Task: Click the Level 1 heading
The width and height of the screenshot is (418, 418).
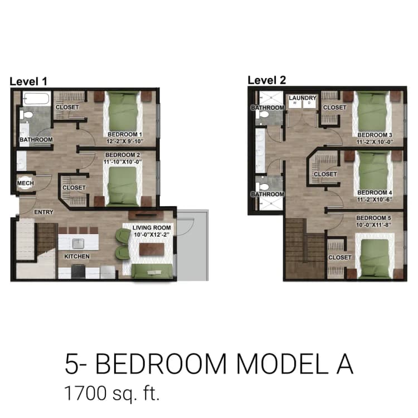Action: (28, 81)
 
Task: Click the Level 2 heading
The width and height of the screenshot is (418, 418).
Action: (266, 80)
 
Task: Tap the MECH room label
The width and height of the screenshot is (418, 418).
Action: (25, 183)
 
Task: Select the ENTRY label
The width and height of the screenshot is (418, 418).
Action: (44, 212)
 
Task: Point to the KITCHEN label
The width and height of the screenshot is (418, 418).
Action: (76, 256)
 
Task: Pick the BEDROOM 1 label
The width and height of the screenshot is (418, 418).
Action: (124, 134)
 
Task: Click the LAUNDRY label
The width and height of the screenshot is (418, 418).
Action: (303, 98)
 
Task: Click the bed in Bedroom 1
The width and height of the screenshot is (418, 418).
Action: (123, 109)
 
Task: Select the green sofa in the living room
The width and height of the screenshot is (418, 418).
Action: (152, 271)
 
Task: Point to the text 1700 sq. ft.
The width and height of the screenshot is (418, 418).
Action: (112, 393)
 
